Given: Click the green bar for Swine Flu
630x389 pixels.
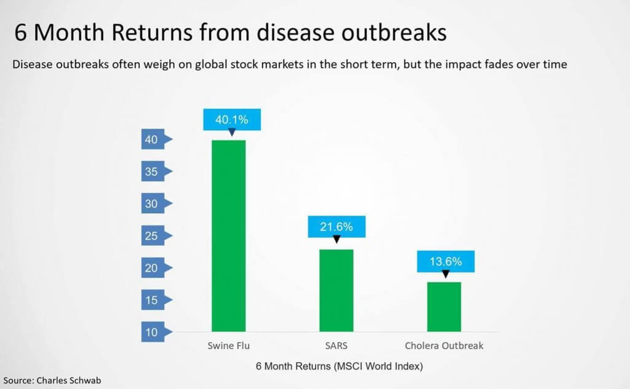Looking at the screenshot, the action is [x=229, y=235].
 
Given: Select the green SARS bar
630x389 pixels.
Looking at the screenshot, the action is [x=337, y=290].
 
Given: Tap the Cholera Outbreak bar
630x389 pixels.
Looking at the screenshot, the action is [x=444, y=307].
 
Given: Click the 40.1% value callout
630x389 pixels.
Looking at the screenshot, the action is [x=232, y=120].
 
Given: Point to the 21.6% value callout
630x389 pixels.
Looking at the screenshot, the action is [x=337, y=227].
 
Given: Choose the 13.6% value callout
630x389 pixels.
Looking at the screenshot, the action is [x=445, y=261].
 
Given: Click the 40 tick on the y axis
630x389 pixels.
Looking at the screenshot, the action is [x=156, y=139].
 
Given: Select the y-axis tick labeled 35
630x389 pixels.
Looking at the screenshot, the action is [x=156, y=171].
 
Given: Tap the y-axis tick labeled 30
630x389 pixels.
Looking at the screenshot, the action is [x=156, y=203].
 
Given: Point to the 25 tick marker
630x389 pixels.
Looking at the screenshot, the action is [x=156, y=235].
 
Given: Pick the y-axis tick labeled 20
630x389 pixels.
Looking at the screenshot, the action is [x=156, y=268].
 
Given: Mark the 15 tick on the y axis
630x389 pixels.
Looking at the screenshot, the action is [x=156, y=300].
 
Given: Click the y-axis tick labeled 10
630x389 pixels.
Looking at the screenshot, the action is [x=156, y=332].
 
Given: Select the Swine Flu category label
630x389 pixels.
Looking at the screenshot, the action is [x=229, y=345].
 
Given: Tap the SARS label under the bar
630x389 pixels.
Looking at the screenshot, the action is [x=337, y=345].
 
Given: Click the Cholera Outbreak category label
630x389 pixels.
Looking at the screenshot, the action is [x=444, y=345].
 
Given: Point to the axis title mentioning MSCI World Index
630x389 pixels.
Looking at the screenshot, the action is [x=340, y=366].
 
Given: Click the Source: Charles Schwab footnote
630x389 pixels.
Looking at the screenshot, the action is [x=52, y=380].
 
